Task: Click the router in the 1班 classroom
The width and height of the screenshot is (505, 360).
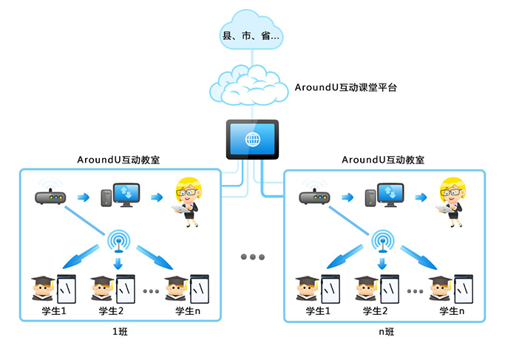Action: (x=51, y=197)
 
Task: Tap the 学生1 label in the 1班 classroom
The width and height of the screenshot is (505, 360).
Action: (x=53, y=311)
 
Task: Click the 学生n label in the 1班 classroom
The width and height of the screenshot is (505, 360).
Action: (x=187, y=311)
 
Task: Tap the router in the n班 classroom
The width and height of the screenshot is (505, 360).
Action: (x=316, y=197)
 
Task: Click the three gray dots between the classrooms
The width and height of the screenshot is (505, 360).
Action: (x=252, y=257)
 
